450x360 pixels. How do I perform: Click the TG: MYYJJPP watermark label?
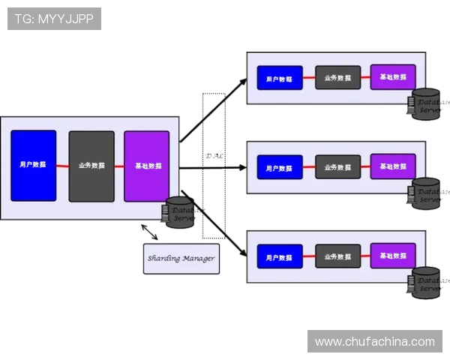(x=54, y=19)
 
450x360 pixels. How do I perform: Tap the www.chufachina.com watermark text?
(x=374, y=341)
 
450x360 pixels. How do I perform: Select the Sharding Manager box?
(x=181, y=258)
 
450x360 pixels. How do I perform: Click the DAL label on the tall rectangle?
(x=214, y=156)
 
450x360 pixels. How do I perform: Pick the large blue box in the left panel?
(x=33, y=166)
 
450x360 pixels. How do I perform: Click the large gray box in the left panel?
(x=91, y=166)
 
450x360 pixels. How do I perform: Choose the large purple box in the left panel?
(x=147, y=166)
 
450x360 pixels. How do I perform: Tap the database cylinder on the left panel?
(x=180, y=212)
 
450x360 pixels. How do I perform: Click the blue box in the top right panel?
(x=280, y=77)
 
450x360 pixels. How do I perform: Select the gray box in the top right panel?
(x=337, y=77)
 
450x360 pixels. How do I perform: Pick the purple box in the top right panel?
(x=393, y=76)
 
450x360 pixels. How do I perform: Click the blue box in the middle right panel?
(x=280, y=166)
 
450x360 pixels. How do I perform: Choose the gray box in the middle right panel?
(x=337, y=166)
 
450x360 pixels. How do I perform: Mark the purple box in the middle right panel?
(x=393, y=166)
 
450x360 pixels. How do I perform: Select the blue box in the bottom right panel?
(x=280, y=256)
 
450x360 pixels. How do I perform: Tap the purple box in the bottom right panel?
(x=393, y=255)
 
